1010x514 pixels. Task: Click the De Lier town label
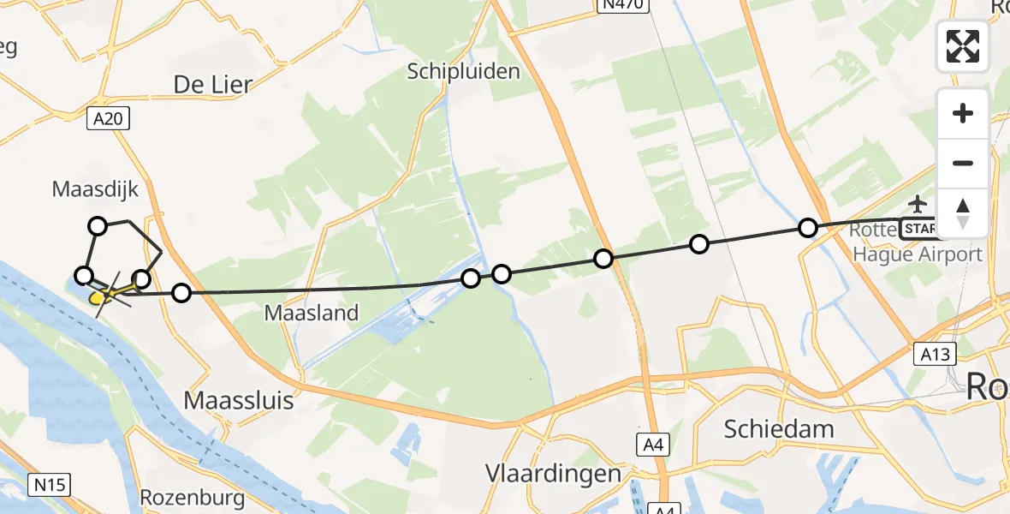tap(213, 84)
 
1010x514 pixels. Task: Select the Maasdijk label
tap(95, 188)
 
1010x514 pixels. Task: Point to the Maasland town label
tap(311, 314)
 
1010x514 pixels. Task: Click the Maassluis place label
tap(240, 400)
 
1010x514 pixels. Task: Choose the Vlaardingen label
tap(553, 474)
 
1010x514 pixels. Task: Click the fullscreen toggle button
tap(963, 46)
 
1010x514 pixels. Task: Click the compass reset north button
tap(963, 213)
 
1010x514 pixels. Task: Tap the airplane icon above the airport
tap(918, 205)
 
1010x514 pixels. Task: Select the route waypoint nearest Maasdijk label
tap(98, 226)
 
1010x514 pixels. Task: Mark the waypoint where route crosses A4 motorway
tap(604, 258)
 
